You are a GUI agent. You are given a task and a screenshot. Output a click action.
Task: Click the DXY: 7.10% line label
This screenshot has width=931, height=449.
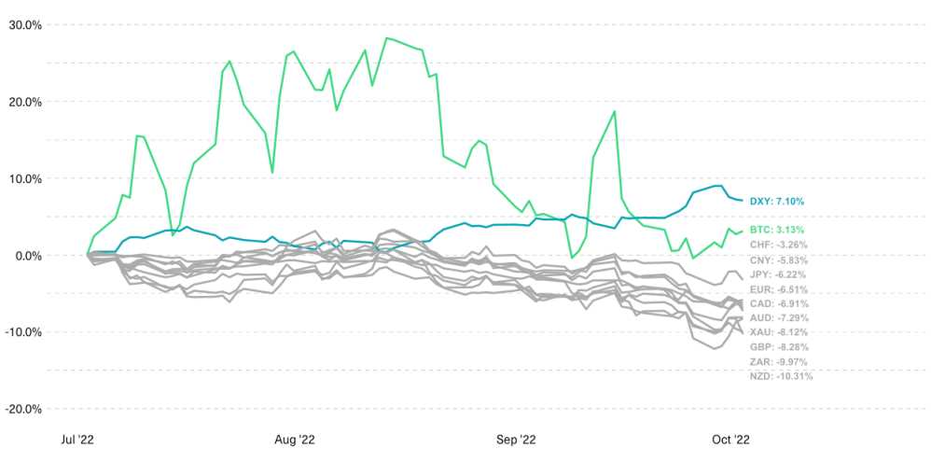point(777,201)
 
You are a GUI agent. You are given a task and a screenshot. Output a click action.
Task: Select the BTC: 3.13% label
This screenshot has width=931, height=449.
point(777,230)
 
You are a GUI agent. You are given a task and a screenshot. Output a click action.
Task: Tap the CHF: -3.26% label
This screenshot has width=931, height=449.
point(778,245)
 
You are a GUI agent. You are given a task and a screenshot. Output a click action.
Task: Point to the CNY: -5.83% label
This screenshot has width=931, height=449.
point(778,260)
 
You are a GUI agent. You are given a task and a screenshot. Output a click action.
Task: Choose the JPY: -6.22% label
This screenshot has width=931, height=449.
point(778,274)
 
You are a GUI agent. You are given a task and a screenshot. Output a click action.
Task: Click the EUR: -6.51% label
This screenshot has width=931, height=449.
point(778,289)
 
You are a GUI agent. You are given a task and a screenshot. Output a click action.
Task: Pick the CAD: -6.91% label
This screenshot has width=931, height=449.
point(779,303)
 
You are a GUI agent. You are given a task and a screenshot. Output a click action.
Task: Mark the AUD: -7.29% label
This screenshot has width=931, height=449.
point(779,318)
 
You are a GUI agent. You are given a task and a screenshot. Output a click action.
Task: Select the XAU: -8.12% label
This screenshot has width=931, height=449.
point(779,332)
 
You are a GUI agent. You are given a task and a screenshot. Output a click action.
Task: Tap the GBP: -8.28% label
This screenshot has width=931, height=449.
point(779,347)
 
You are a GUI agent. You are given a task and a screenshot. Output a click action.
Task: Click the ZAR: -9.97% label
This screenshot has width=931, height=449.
point(779,361)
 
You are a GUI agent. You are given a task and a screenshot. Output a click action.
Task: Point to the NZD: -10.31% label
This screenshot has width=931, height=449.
point(781,376)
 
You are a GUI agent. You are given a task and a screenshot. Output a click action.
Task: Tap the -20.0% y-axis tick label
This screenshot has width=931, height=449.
point(23,409)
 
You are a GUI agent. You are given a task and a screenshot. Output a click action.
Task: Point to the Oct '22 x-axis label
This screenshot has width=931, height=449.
point(730,438)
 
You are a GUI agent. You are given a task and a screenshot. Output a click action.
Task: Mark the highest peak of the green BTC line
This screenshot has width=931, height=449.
point(386,38)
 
